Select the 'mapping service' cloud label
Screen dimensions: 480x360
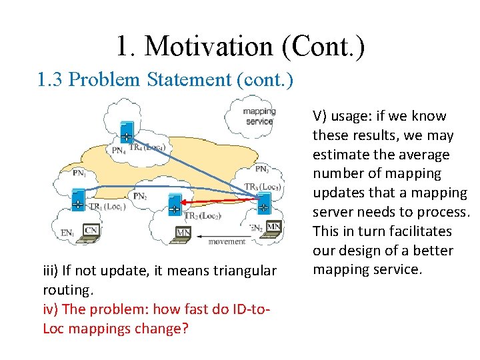(x=259, y=117)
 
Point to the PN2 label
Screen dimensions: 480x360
(x=140, y=196)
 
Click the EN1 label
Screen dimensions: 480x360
(x=67, y=233)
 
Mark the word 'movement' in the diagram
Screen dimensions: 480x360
(x=227, y=241)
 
